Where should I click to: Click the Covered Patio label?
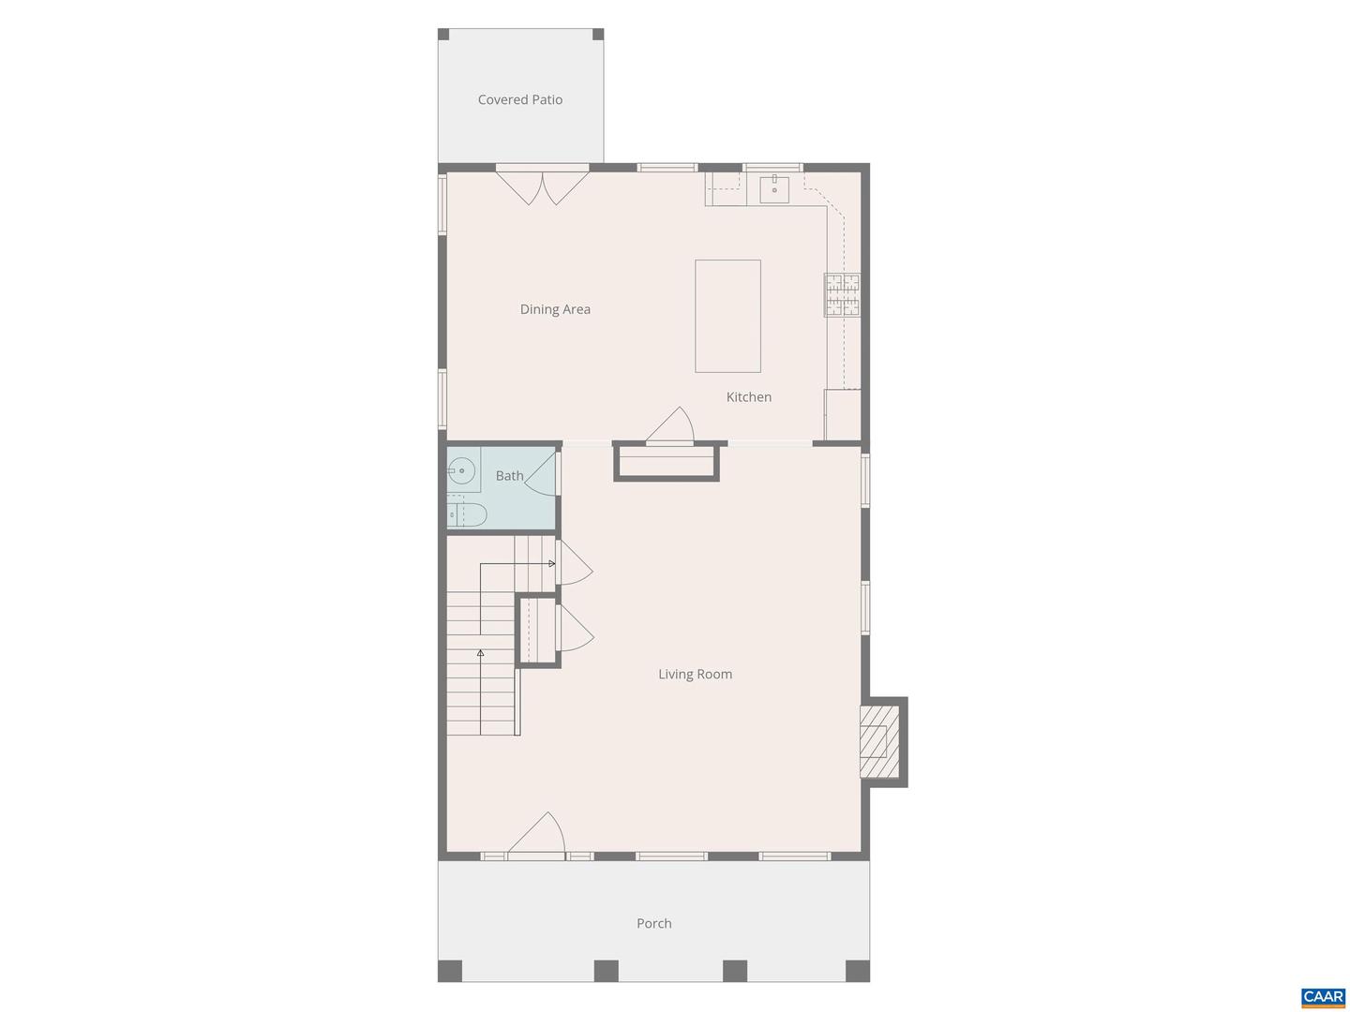pos(520,99)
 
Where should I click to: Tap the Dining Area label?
pos(555,309)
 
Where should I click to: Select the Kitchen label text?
pos(749,397)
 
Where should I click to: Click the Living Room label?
pos(695,674)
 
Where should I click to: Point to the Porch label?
pos(654,923)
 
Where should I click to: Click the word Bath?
pos(509,476)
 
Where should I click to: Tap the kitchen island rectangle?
pos(727,316)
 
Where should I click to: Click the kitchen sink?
pos(774,188)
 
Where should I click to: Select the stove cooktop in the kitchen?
pos(842,294)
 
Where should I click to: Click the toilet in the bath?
pos(466,514)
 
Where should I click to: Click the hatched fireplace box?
pos(875,741)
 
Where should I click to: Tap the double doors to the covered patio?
pos(542,185)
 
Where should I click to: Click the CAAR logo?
pos(1323,997)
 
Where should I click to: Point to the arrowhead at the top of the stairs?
pos(552,564)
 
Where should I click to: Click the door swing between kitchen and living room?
pos(672,426)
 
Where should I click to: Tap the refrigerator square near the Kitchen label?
pos(843,414)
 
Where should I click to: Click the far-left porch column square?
pos(450,971)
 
